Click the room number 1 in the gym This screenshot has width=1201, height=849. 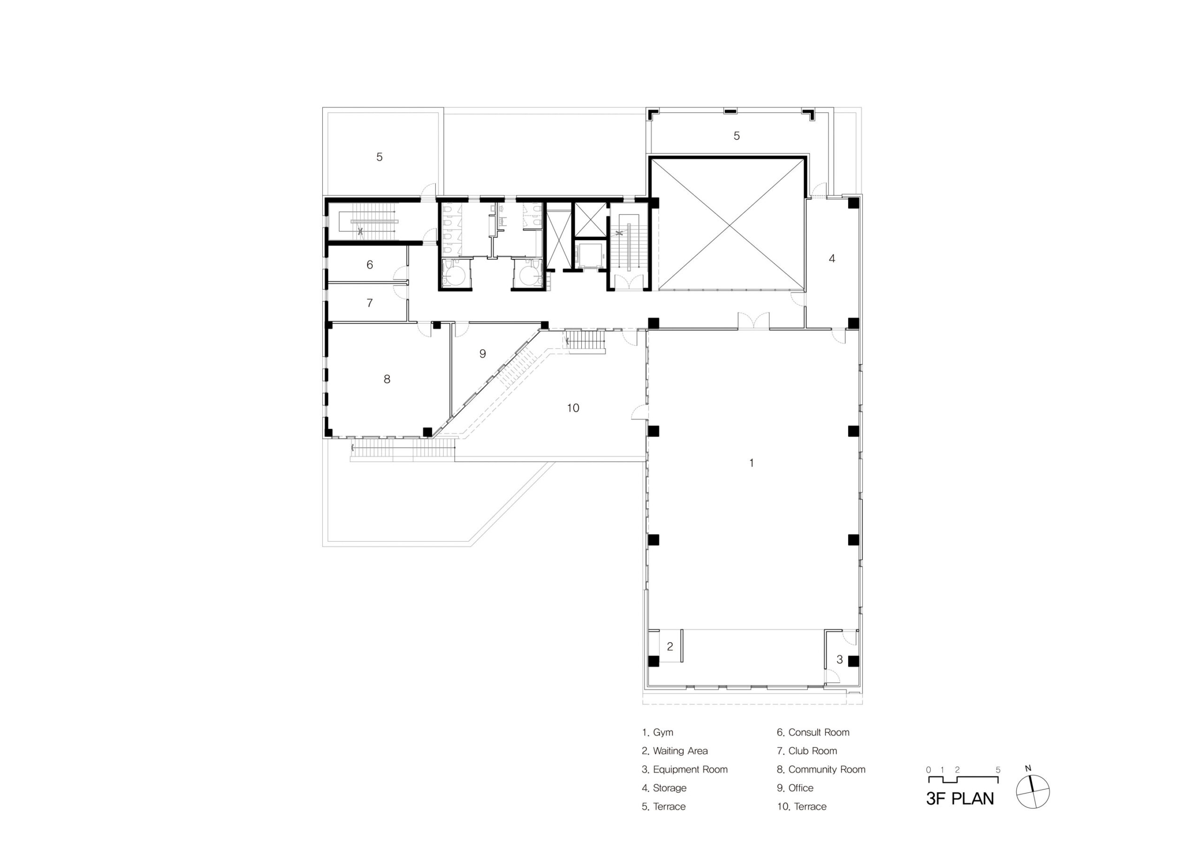click(751, 463)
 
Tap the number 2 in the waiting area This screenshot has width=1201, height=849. click(670, 646)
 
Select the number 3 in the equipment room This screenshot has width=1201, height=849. click(840, 659)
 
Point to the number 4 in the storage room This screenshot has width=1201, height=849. click(832, 258)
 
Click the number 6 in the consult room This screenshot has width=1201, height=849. click(370, 265)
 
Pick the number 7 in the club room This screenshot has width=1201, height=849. click(370, 303)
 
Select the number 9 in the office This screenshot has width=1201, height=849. click(483, 354)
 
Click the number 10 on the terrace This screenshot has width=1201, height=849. click(573, 408)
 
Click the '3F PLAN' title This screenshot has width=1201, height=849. click(960, 799)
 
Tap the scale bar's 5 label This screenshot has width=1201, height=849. click(998, 770)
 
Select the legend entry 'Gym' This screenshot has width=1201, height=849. click(658, 733)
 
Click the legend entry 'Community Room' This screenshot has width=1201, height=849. click(821, 769)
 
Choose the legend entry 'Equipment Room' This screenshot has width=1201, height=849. click(685, 769)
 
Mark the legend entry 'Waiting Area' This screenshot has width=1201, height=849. click(675, 751)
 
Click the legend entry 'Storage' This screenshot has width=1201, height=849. click(664, 788)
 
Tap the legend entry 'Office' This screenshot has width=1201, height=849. click(795, 788)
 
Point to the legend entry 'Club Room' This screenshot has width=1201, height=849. click(807, 750)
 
